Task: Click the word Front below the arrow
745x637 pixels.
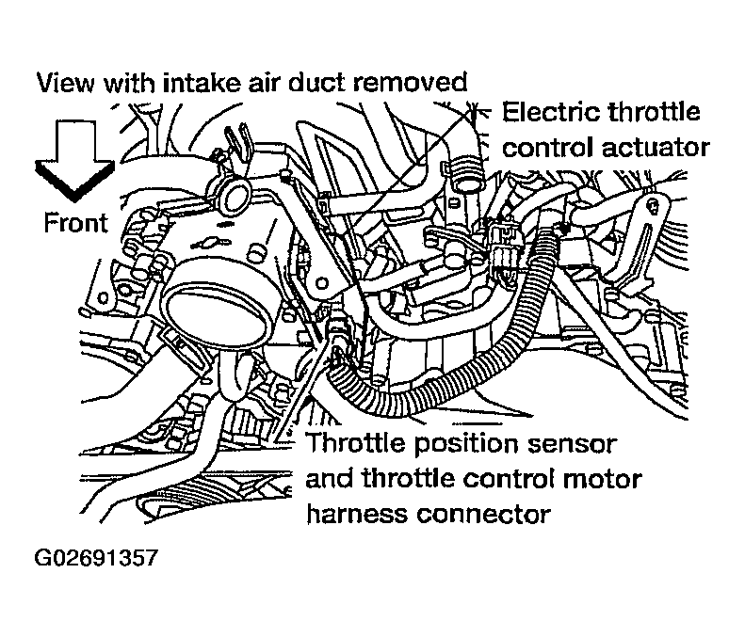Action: pos(75,223)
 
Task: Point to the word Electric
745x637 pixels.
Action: pos(550,113)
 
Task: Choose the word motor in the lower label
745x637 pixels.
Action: pos(603,479)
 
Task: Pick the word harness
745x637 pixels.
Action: pos(354,514)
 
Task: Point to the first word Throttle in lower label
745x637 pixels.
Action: pos(349,443)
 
